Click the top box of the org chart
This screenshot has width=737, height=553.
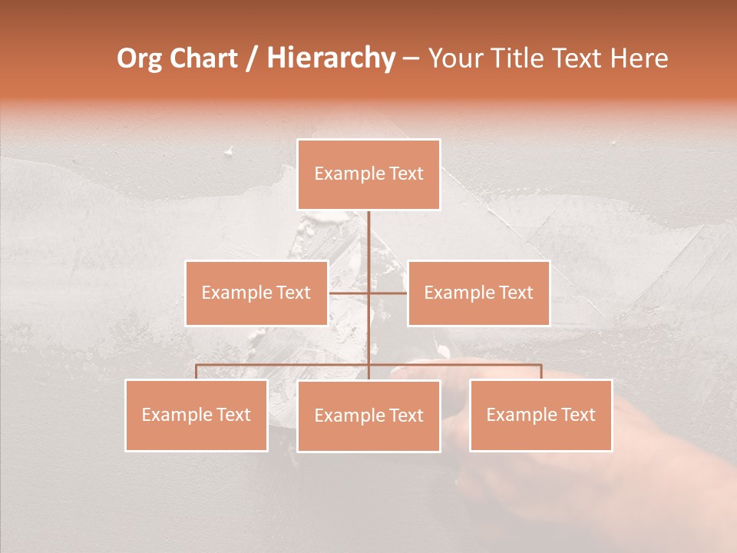coord(368,174)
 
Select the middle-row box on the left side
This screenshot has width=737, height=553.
coord(256,293)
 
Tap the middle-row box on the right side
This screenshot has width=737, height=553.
coord(478,293)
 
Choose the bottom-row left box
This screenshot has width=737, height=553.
coord(197,415)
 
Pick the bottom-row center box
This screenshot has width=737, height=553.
coord(368,416)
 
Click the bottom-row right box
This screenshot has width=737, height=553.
coord(540,415)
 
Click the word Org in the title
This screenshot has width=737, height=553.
coord(139,58)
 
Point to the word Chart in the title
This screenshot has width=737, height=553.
coord(203,58)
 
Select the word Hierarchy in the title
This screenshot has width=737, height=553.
coord(330,58)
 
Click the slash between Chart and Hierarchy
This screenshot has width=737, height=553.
coord(252,59)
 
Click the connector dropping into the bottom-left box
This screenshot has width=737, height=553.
coord(197,372)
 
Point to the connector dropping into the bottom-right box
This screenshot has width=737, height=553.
coord(541,372)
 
